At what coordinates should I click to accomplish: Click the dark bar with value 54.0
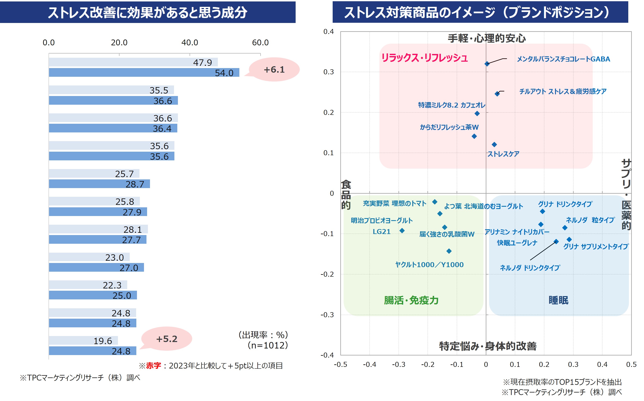(144, 72)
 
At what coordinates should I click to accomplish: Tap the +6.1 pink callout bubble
(274, 70)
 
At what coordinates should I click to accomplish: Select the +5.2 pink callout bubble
(167, 339)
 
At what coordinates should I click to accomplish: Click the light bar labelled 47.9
(133, 62)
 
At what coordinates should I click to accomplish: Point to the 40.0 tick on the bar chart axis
(189, 42)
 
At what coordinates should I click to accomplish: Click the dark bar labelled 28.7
(99, 184)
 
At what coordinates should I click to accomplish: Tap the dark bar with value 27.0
(96, 267)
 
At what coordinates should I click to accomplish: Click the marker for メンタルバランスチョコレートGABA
(487, 64)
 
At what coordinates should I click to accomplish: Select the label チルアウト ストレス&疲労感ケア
(563, 91)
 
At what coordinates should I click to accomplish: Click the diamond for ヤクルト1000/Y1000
(449, 251)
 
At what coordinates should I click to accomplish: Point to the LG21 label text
(381, 232)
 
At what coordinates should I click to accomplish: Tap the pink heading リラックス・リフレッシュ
(425, 58)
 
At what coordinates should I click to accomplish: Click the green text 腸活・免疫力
(411, 300)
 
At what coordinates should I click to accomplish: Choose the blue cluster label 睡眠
(558, 300)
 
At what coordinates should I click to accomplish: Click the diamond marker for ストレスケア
(494, 145)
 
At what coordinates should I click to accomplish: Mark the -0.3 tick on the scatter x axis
(398, 364)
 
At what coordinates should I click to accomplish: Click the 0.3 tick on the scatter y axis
(329, 72)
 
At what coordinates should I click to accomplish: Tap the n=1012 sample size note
(268, 345)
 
